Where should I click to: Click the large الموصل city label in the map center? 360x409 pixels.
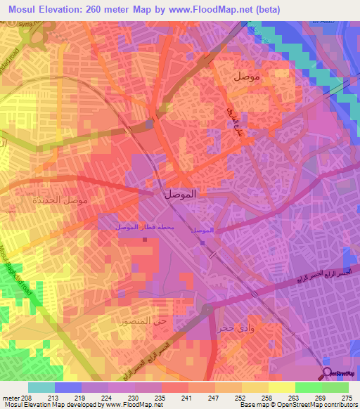pyautogui.click(x=179, y=194)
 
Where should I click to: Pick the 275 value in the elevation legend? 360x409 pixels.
pyautogui.click(x=347, y=397)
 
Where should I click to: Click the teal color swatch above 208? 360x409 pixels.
pyautogui.click(x=41, y=387)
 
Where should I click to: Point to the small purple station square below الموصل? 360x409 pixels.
pyautogui.click(x=203, y=244)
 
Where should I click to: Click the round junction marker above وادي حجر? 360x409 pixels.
pyautogui.click(x=207, y=308)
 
